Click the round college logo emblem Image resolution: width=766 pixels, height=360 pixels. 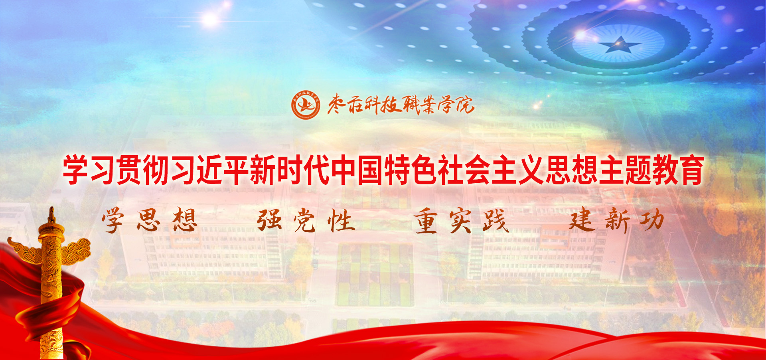(x=305, y=105)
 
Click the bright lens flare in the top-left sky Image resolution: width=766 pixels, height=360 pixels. (x=210, y=19)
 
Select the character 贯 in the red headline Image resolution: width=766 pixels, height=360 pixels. (x=129, y=170)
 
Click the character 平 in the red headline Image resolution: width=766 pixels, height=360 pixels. (x=236, y=170)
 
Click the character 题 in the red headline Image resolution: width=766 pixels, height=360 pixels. (x=638, y=170)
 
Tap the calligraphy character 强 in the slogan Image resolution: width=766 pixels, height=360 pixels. (x=270, y=220)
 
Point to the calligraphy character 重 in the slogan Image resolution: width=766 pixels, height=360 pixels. (x=426, y=220)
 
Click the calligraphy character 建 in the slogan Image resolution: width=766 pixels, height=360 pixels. (x=582, y=220)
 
